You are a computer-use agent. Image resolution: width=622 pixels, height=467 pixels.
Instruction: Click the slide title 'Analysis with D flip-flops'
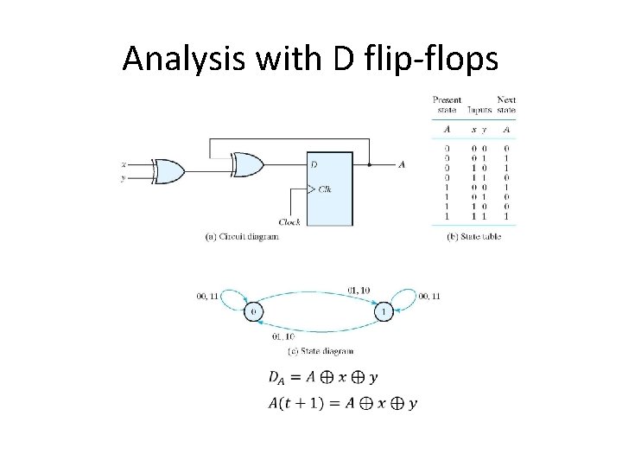[x=310, y=58]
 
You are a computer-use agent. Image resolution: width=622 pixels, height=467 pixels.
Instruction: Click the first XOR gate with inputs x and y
[x=167, y=171]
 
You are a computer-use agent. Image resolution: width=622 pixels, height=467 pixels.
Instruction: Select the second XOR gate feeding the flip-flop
[x=247, y=165]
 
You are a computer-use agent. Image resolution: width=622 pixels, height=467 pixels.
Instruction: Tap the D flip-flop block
[x=330, y=188]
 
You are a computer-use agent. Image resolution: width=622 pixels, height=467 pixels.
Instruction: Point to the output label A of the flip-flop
[x=402, y=164]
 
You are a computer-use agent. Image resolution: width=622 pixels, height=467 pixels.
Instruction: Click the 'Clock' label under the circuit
[x=289, y=221]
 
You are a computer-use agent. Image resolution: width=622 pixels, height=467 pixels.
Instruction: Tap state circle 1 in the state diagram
[x=384, y=310]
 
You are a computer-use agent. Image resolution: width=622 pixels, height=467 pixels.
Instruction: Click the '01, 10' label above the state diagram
[x=359, y=288]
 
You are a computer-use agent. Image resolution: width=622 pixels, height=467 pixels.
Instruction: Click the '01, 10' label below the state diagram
[x=283, y=336]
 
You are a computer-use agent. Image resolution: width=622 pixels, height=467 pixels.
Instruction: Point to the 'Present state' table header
[x=447, y=106]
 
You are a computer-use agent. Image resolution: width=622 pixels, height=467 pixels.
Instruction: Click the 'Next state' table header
[x=506, y=106]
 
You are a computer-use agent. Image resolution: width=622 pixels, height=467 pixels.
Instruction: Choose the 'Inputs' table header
[x=479, y=110]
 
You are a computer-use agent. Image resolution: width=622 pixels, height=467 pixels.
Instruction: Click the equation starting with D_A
[x=323, y=377]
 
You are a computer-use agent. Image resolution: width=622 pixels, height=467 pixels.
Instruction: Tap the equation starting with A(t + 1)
[x=342, y=403]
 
